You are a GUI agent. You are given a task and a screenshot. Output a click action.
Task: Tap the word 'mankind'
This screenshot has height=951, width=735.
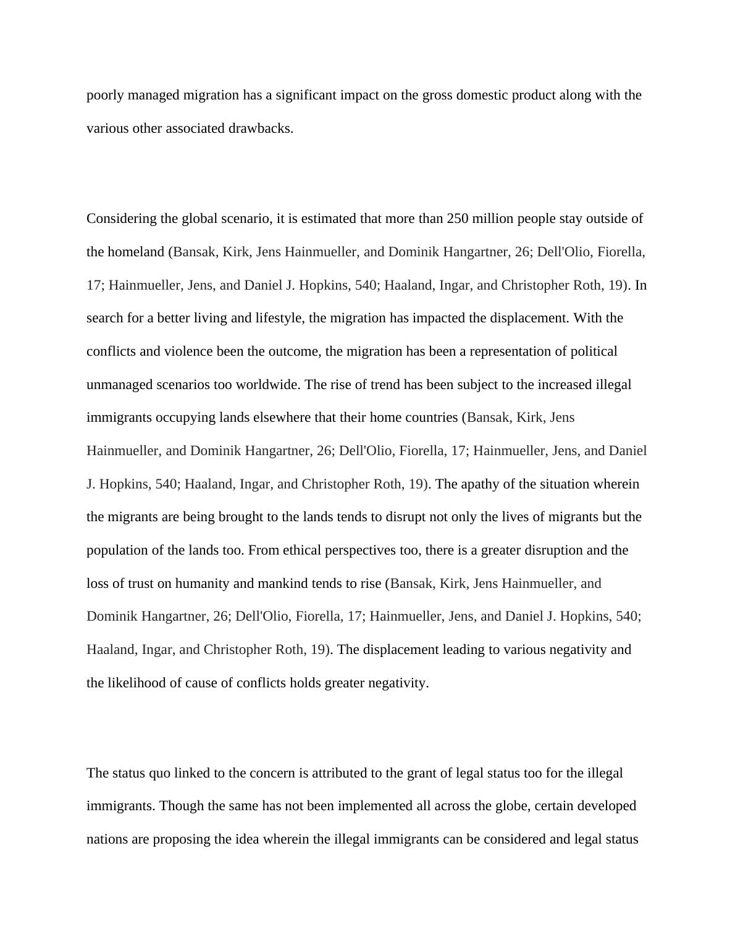point(282,584)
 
